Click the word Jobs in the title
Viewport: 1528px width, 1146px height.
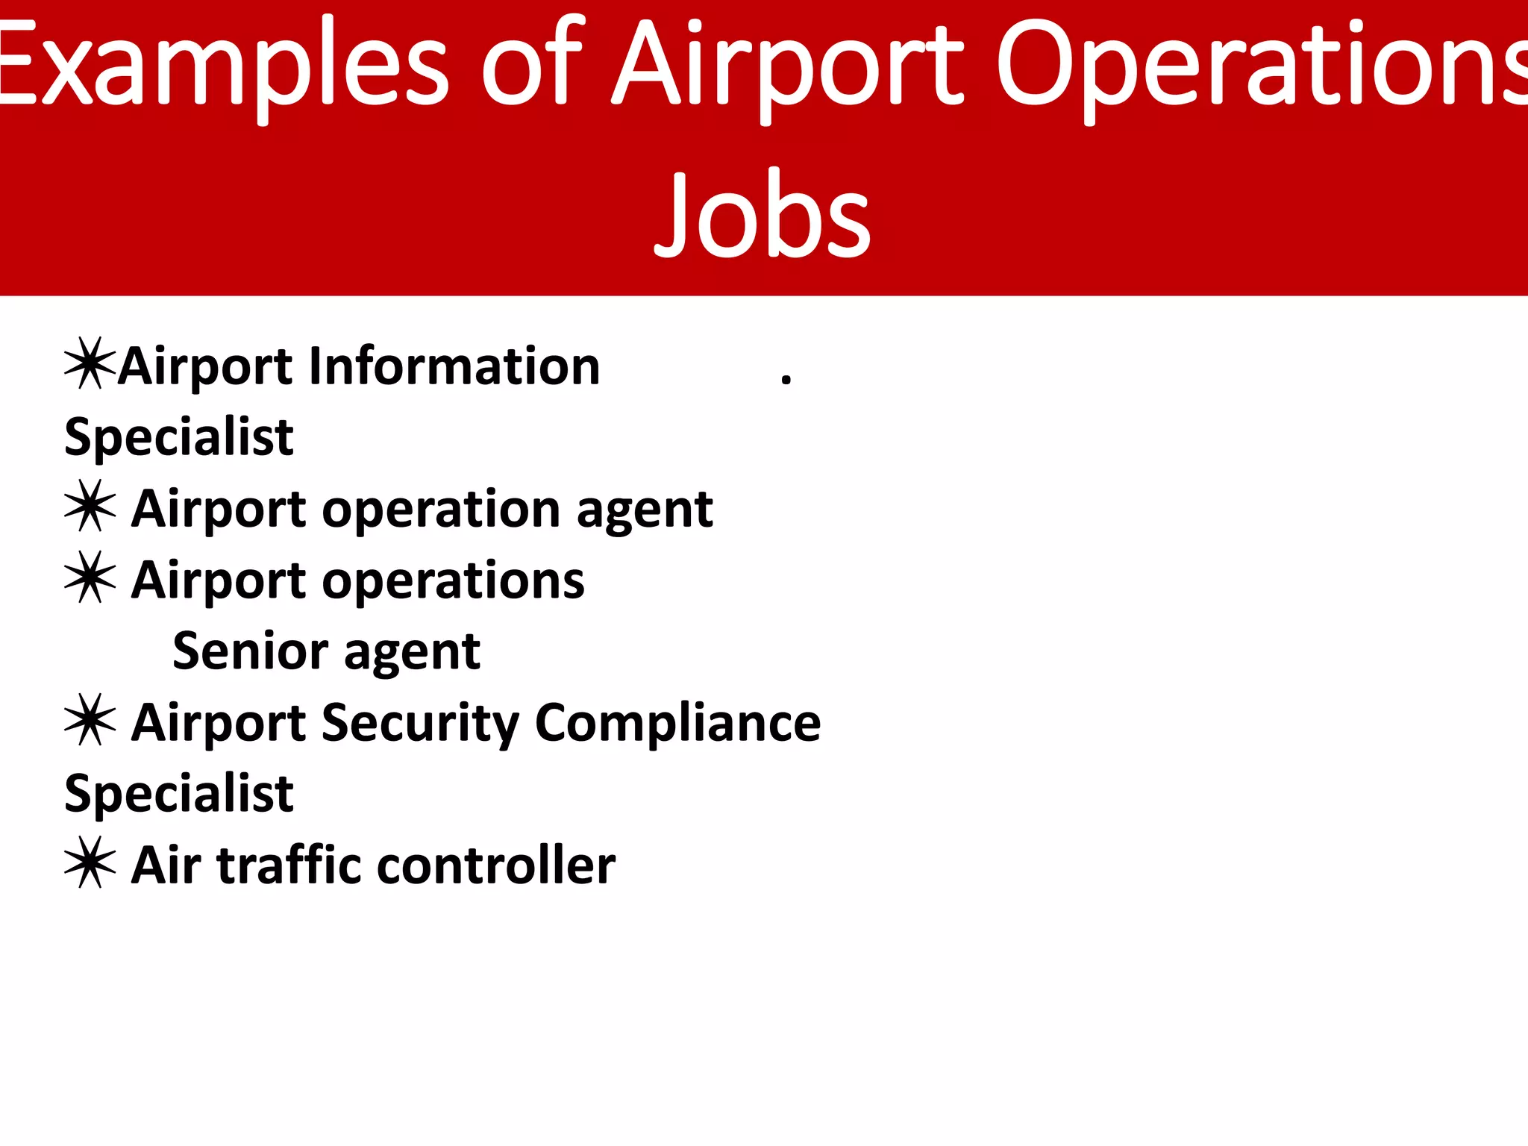[x=763, y=215]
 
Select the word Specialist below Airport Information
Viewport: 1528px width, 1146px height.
[x=179, y=438]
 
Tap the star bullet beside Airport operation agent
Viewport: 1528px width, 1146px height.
[x=90, y=507]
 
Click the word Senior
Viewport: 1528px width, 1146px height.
[x=250, y=651]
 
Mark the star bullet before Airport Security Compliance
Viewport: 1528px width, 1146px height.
[x=90, y=721]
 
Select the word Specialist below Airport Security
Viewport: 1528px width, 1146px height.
[x=179, y=794]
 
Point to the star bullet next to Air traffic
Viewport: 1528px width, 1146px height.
[x=90, y=863]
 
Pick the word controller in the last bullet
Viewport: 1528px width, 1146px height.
[x=496, y=865]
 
